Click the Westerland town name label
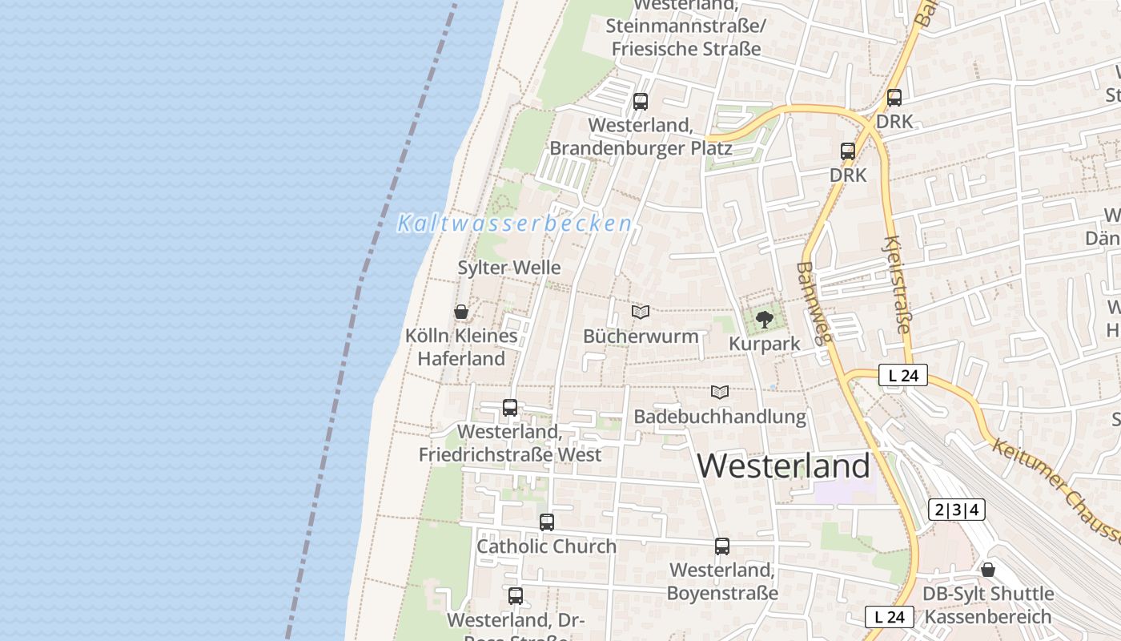pyautogui.click(x=784, y=466)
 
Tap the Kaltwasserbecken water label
pyautogui.click(x=514, y=223)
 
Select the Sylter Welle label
pyautogui.click(x=509, y=268)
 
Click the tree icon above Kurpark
pyautogui.click(x=765, y=320)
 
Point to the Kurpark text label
pyautogui.click(x=765, y=345)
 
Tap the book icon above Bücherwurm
pyautogui.click(x=641, y=312)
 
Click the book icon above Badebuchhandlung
pyautogui.click(x=720, y=392)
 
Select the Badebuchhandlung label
pyautogui.click(x=720, y=417)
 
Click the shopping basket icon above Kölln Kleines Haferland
pyautogui.click(x=461, y=312)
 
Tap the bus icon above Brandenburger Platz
pyautogui.click(x=641, y=102)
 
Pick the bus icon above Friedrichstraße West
pyautogui.click(x=510, y=408)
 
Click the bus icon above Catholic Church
pyautogui.click(x=547, y=522)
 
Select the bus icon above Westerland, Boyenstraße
pyautogui.click(x=722, y=546)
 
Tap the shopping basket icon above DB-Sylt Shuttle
pyautogui.click(x=988, y=570)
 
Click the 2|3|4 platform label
pyautogui.click(x=956, y=510)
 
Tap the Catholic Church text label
pyautogui.click(x=547, y=546)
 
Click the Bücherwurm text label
pyautogui.click(x=641, y=336)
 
